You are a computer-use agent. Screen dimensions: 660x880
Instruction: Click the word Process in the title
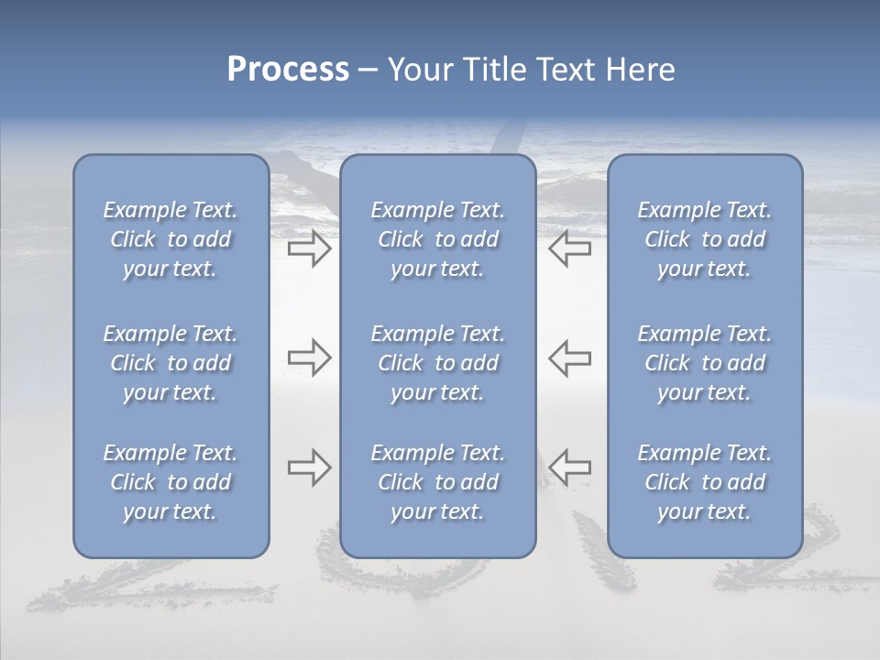[x=288, y=70]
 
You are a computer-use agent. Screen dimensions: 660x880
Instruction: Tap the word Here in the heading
[x=638, y=70]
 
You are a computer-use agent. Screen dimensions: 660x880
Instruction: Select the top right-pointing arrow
[x=309, y=248]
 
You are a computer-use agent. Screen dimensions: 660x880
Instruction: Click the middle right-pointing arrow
[x=309, y=357]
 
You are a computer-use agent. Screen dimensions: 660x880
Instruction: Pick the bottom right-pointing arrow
[x=309, y=467]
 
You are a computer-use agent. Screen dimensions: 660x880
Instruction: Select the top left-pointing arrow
[x=570, y=248]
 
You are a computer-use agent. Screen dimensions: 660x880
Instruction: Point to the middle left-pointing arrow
[x=570, y=357]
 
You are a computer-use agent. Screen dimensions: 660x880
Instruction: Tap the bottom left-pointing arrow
[x=570, y=467]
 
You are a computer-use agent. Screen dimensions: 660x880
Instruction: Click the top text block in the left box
[x=170, y=239]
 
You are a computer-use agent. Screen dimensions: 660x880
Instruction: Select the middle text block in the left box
[x=170, y=363]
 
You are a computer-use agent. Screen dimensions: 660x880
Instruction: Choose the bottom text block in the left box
[x=170, y=482]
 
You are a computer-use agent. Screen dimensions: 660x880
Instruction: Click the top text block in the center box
[x=438, y=239]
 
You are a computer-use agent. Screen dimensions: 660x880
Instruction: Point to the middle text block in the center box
[x=438, y=363]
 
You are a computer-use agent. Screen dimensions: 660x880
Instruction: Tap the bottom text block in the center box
[x=438, y=482]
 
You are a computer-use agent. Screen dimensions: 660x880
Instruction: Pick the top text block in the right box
[x=705, y=239]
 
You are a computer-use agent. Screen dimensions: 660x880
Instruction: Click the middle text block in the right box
[x=705, y=363]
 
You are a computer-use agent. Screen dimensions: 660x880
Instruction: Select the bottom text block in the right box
[x=705, y=482]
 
